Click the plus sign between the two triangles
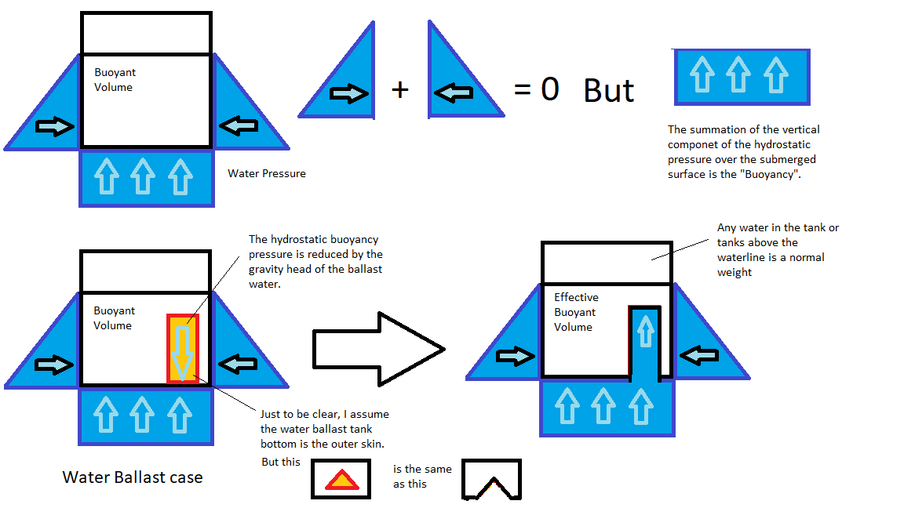[x=400, y=90]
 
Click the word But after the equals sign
[x=609, y=91]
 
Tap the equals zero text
[x=537, y=89]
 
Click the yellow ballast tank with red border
[x=183, y=348]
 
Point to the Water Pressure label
[x=267, y=173]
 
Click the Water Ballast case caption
[x=133, y=477]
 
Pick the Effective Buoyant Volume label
[x=576, y=312]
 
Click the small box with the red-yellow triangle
[x=341, y=479]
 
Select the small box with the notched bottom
[x=491, y=479]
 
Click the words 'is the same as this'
[x=422, y=476]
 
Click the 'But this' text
[x=281, y=462]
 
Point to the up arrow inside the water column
[x=644, y=332]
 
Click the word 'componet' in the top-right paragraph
[x=692, y=144]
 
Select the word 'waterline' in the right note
[x=740, y=257]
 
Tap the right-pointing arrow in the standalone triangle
[x=348, y=94]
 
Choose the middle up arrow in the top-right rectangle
[x=738, y=75]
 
